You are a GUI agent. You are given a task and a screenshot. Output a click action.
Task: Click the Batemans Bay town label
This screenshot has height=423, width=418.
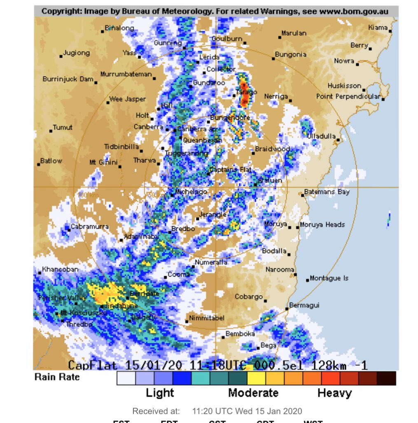coord(327,192)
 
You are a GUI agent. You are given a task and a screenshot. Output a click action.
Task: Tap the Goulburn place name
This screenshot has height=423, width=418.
coord(227,39)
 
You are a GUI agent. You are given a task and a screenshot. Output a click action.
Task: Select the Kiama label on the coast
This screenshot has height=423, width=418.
coord(378,28)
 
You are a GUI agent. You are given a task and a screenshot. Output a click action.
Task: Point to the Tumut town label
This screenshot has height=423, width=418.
coord(63,128)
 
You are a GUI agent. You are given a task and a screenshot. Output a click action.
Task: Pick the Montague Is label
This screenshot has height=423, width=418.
coord(329,278)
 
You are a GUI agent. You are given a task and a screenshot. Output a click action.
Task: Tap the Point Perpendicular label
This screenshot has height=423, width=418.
coord(348,96)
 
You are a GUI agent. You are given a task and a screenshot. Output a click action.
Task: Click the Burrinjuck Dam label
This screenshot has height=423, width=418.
coord(68,79)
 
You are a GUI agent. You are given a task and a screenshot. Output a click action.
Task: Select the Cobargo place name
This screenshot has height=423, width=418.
coord(249,296)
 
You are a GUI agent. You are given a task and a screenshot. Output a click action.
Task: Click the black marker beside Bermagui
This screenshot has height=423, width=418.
coord(287,309)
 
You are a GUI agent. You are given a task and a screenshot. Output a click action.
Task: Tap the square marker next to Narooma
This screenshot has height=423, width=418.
coord(295,273)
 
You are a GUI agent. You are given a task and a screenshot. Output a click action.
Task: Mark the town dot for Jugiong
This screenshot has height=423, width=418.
coord(61,56)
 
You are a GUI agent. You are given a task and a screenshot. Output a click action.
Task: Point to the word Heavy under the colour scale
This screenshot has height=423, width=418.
coord(334,393)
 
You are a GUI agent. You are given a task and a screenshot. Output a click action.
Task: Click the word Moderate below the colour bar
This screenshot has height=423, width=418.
coord(253,393)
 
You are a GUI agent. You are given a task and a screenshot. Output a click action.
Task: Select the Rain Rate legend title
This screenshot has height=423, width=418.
coord(57,377)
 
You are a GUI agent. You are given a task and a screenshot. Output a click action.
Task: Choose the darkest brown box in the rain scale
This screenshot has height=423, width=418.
coord(386,378)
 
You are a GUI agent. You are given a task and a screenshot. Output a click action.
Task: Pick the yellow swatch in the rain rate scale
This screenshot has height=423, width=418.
coord(256,378)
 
